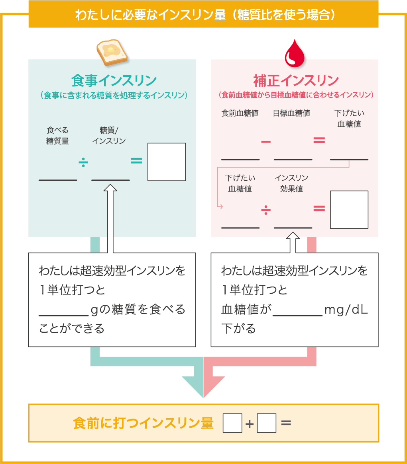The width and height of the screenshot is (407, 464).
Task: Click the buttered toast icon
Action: click(x=112, y=52)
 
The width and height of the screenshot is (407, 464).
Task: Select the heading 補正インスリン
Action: click(x=296, y=81)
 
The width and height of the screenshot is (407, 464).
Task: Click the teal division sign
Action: click(x=84, y=162)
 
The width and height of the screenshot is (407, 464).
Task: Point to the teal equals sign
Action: click(x=136, y=161)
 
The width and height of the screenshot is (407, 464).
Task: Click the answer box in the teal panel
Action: click(x=166, y=162)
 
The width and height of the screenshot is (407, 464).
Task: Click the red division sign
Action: click(x=266, y=210)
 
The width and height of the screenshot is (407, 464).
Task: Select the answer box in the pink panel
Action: click(x=349, y=210)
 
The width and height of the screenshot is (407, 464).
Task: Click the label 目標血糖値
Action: click(x=291, y=113)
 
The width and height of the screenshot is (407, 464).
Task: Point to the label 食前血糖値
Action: click(x=240, y=113)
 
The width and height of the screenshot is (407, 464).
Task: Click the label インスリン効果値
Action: click(x=291, y=183)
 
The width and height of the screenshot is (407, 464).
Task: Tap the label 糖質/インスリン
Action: click(x=109, y=136)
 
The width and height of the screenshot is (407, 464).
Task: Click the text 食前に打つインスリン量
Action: click(x=144, y=423)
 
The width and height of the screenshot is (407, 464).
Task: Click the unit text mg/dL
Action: click(x=346, y=310)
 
